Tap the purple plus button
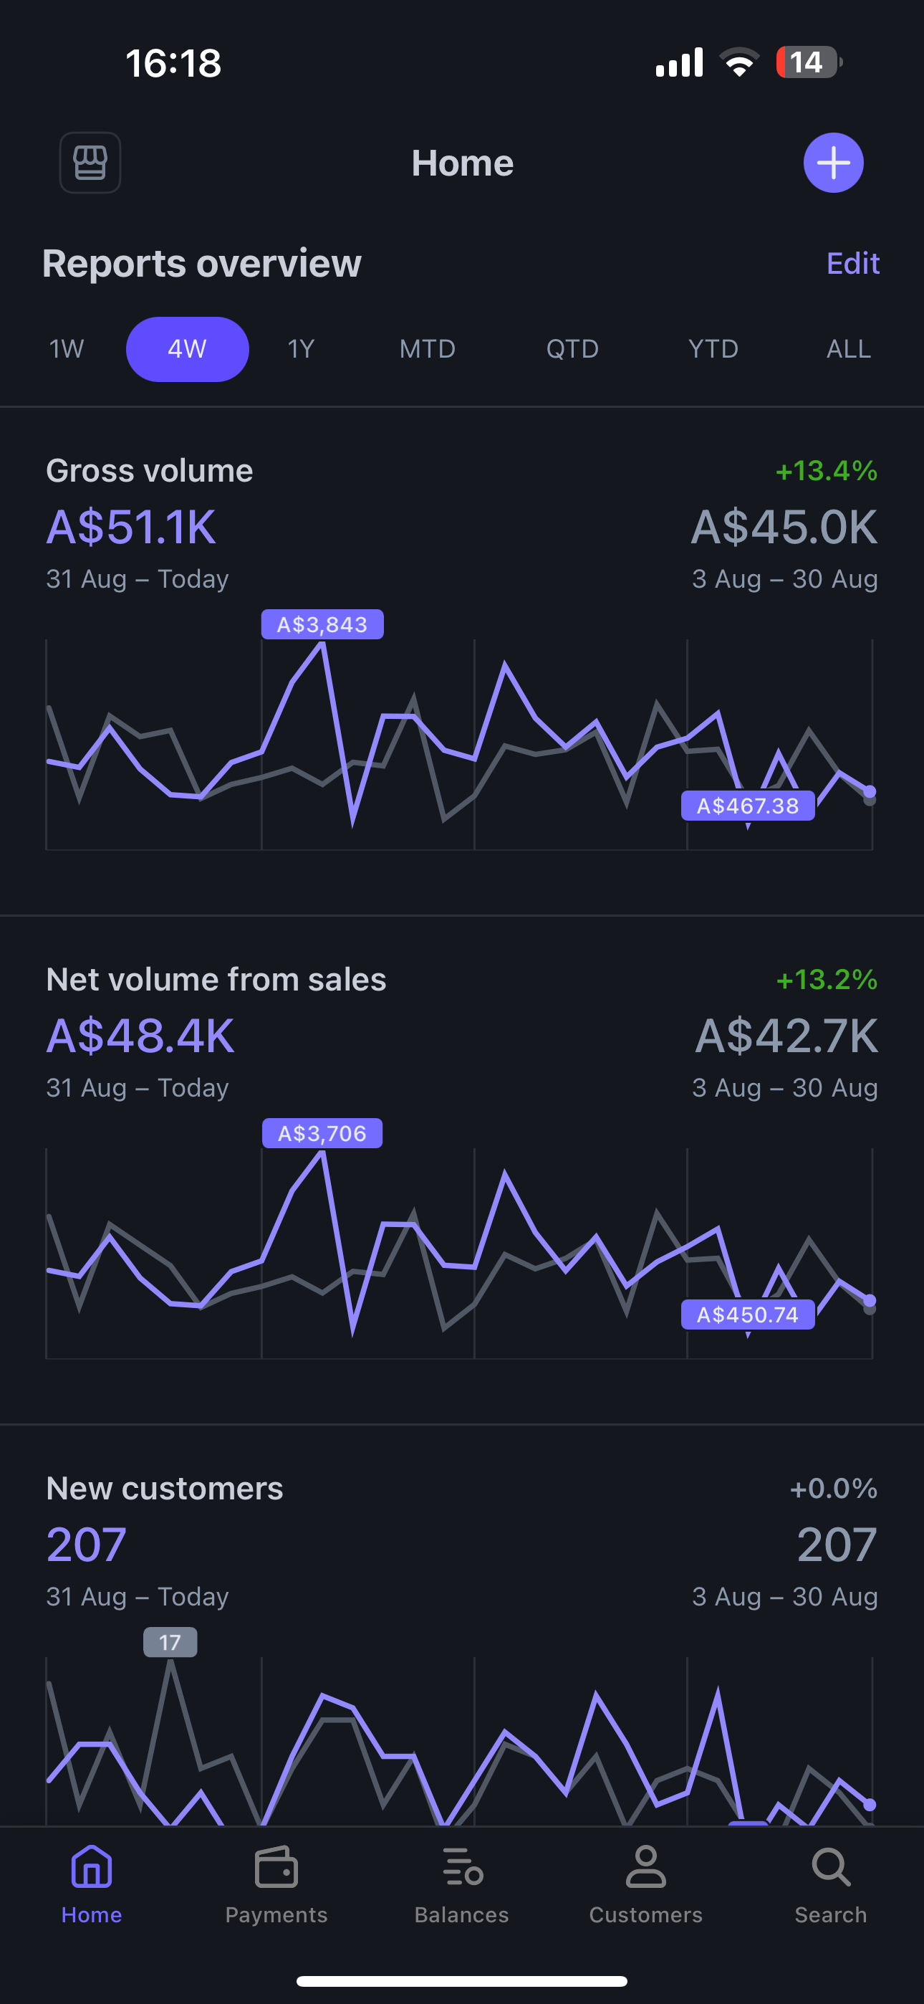(833, 163)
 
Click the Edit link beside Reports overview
(852, 264)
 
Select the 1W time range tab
(66, 348)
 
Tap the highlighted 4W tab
(188, 348)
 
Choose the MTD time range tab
(427, 348)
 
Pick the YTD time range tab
(713, 348)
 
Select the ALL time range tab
(848, 348)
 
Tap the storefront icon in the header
(90, 163)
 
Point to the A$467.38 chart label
(748, 806)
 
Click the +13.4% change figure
(826, 471)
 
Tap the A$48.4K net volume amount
(140, 1036)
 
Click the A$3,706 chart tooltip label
(322, 1133)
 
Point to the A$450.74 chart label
(748, 1314)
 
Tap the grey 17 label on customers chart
(170, 1642)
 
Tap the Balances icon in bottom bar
(462, 1867)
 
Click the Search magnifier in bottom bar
(831, 1867)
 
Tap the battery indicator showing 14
(808, 62)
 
